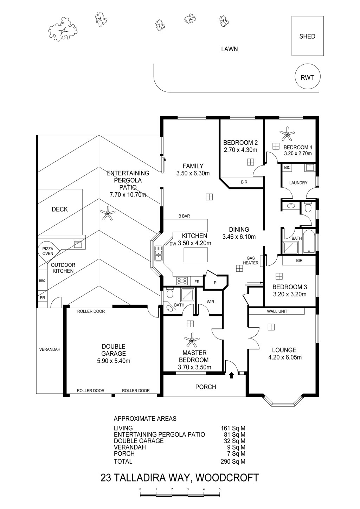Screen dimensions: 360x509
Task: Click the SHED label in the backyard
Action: pyautogui.click(x=307, y=36)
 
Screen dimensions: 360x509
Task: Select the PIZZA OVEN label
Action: pyautogui.click(x=48, y=251)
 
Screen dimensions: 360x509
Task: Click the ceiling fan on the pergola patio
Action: pyautogui.click(x=108, y=213)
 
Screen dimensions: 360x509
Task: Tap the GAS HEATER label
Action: pyautogui.click(x=251, y=260)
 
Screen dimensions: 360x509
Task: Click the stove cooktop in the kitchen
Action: pyautogui.click(x=182, y=281)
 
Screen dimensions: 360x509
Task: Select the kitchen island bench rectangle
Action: pyautogui.click(x=196, y=255)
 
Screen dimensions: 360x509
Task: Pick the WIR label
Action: pyautogui.click(x=211, y=302)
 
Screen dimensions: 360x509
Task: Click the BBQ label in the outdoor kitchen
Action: pyautogui.click(x=42, y=281)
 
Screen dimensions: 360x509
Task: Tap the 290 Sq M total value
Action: pyautogui.click(x=233, y=462)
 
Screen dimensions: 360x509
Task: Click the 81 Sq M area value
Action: pyautogui.click(x=234, y=434)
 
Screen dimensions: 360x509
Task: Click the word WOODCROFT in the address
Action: pyautogui.click(x=227, y=477)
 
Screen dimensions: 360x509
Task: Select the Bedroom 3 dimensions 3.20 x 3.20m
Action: pyautogui.click(x=290, y=294)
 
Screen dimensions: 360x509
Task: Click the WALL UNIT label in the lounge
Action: pyautogui.click(x=277, y=311)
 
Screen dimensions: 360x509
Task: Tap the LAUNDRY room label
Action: pyautogui.click(x=298, y=183)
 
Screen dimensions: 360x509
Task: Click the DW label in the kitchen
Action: pyautogui.click(x=173, y=244)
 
